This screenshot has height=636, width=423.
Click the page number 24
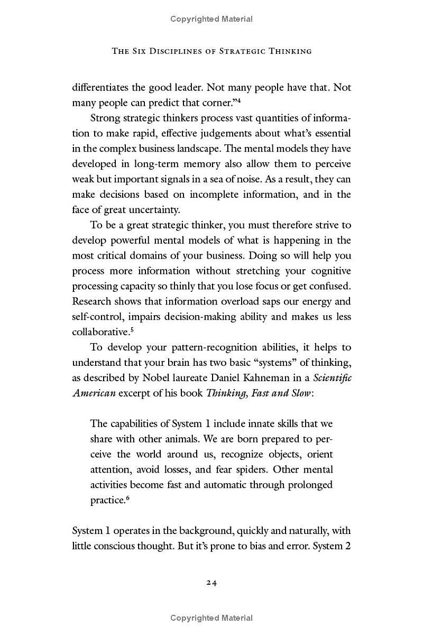tap(212, 583)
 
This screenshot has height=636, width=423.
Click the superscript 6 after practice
tap(127, 497)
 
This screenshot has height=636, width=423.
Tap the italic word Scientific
tap(332, 378)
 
